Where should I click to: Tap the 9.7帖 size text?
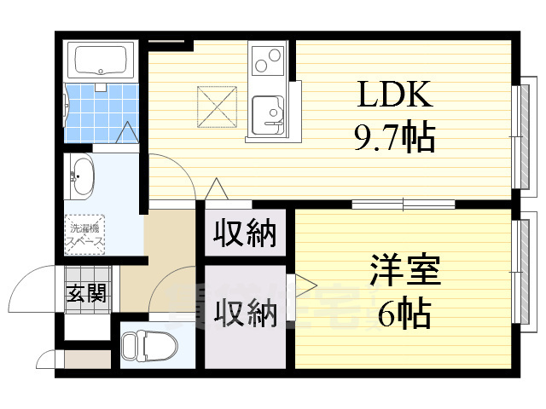(x=395, y=136)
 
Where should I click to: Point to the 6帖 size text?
(x=404, y=315)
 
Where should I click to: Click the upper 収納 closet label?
(x=245, y=233)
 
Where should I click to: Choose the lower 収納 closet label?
(x=245, y=313)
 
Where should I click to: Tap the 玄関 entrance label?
(x=86, y=295)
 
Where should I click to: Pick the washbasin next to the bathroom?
(x=82, y=177)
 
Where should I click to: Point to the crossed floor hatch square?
(x=215, y=105)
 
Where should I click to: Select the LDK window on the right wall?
(x=518, y=136)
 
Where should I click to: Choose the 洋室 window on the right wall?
(x=518, y=273)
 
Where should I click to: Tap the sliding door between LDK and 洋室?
(x=402, y=204)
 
